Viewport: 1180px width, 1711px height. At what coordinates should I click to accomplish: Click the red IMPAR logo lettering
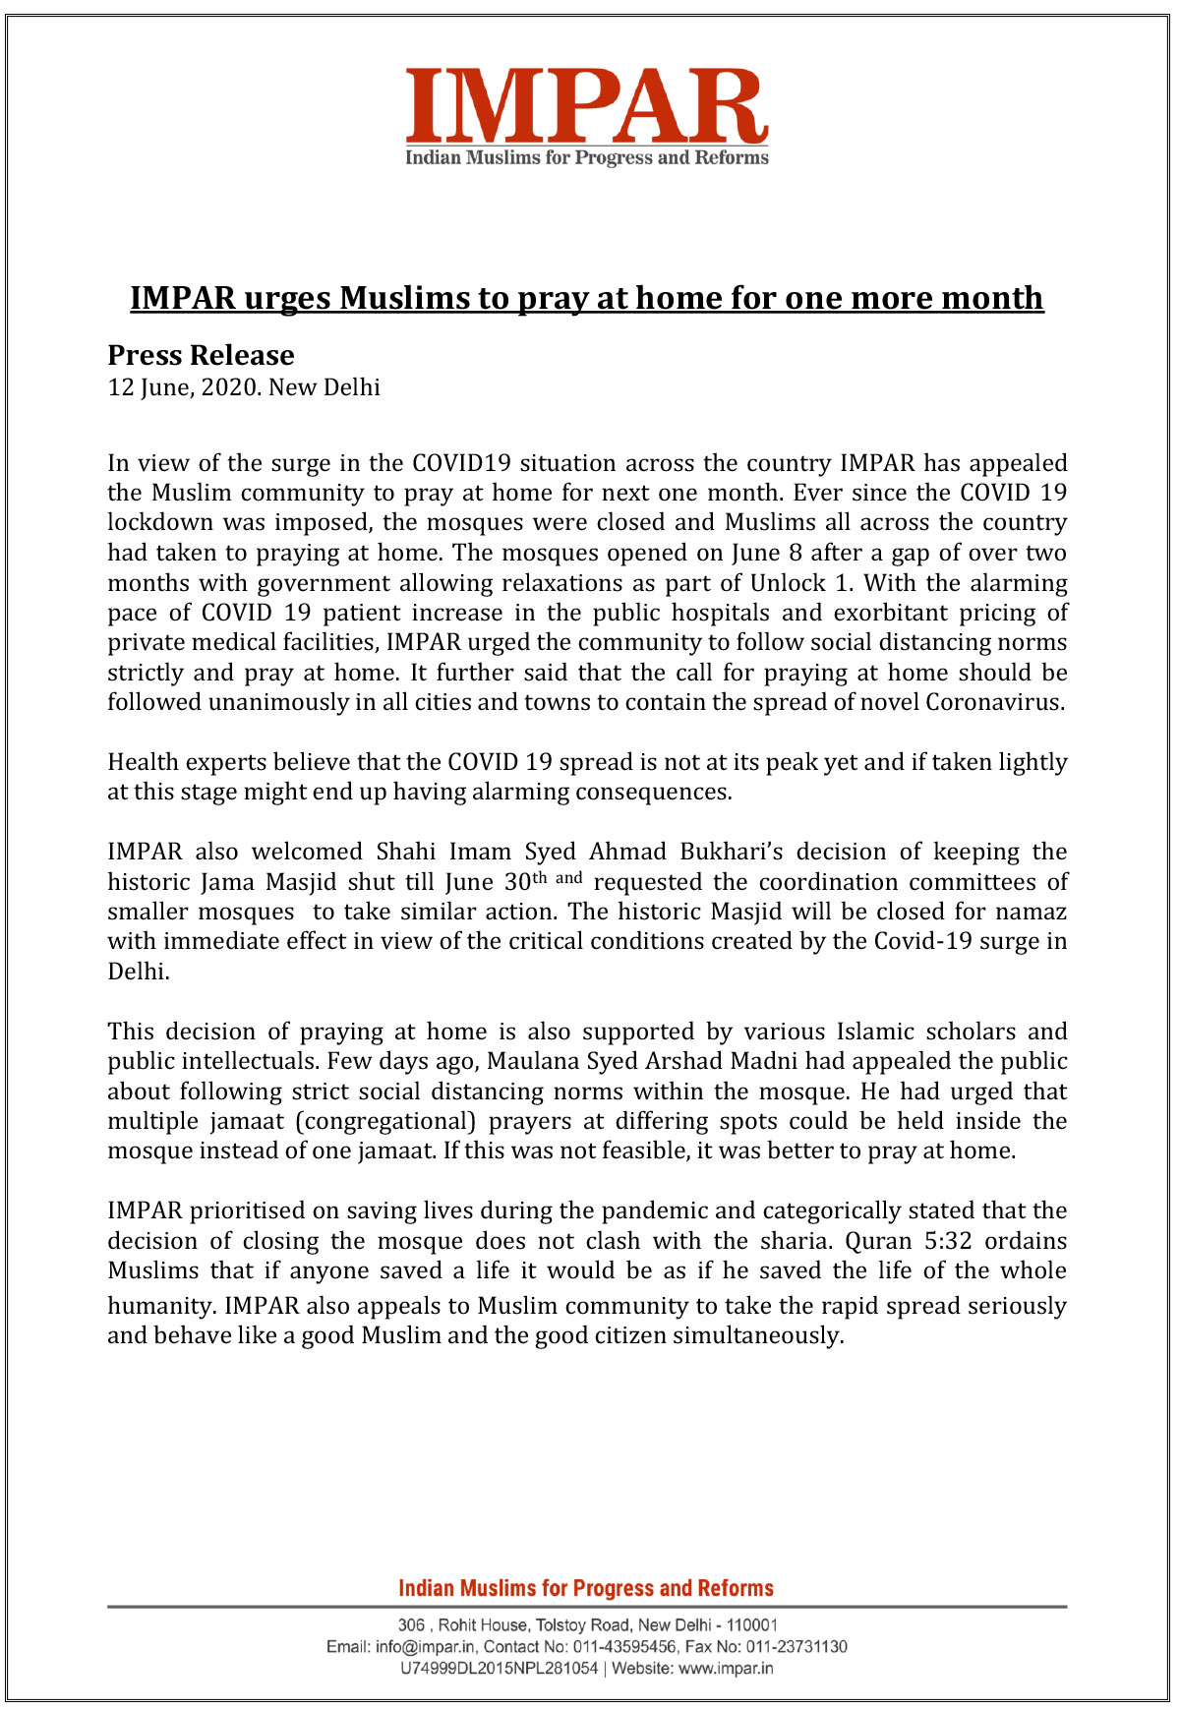586,106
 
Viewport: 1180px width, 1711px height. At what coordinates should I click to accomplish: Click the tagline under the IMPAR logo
586,158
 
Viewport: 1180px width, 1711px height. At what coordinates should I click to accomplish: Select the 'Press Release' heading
201,355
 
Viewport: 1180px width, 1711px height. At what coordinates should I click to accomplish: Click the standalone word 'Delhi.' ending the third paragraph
139,972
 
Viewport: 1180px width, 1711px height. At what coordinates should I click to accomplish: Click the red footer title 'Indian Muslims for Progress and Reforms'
586,1588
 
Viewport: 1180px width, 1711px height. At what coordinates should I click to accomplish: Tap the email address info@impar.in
426,1646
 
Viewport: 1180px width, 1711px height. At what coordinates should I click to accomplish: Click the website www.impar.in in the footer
726,1668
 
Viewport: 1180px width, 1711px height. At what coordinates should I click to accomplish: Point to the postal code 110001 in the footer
752,1624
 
